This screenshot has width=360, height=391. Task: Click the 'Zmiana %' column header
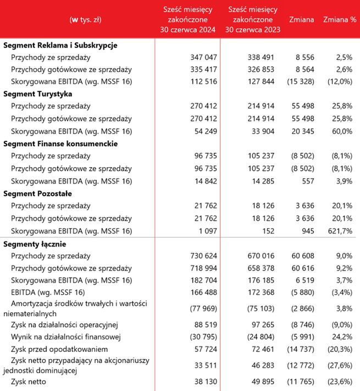coord(337,20)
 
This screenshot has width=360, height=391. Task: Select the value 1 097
coord(206,230)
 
